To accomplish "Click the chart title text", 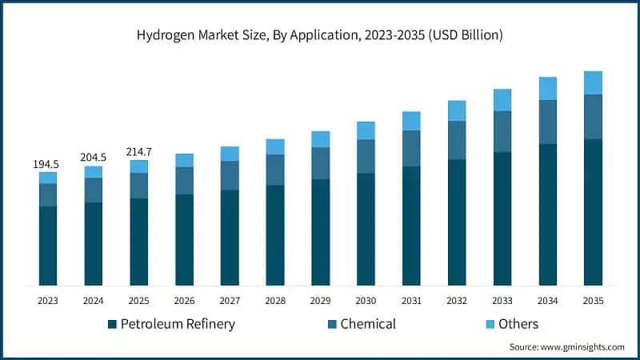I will [320, 35].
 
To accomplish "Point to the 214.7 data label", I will [139, 151].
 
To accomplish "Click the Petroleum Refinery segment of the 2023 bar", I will [48, 246].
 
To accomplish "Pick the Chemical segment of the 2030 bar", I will [366, 156].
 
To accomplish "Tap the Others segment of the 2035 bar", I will [593, 82].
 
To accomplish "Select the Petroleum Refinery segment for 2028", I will [275, 235].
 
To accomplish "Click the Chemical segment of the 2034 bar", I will [547, 122].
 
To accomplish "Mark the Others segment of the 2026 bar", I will [184, 160].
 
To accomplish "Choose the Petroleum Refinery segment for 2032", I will [457, 222].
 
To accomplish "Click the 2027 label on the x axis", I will [230, 301].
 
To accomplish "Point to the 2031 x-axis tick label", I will [411, 301].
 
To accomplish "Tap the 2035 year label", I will [593, 301].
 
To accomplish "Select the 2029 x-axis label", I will [321, 301].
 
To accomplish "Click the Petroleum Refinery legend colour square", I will [112, 325].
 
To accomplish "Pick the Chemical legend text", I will [368, 324].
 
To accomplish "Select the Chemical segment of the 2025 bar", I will [139, 186].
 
